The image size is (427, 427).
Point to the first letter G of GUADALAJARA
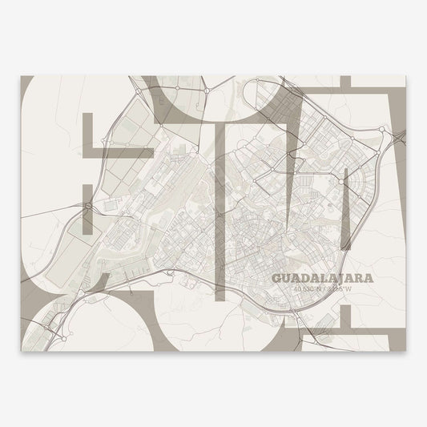pos(277,278)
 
